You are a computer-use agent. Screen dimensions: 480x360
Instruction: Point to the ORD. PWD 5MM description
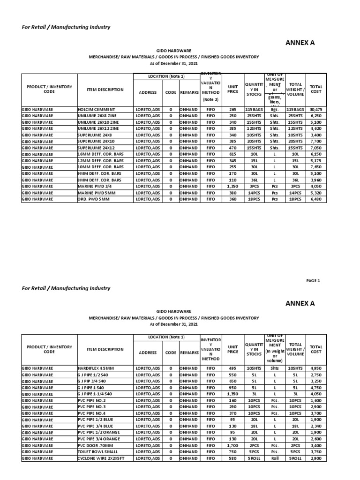93,199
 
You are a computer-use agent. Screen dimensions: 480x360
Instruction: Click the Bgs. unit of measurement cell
275,109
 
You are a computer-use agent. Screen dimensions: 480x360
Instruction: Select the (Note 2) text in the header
210,99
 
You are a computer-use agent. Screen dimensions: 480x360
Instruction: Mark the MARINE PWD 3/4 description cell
94,186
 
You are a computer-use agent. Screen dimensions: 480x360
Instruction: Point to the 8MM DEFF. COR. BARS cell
100,180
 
